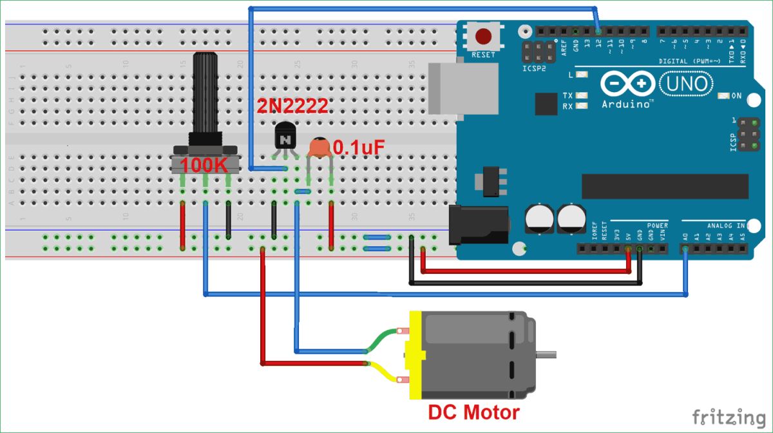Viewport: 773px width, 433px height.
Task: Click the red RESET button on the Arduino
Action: point(483,36)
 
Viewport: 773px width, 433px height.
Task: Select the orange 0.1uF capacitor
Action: point(320,148)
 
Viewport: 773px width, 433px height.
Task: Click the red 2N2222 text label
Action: point(292,107)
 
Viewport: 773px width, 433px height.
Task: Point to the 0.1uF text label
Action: point(358,148)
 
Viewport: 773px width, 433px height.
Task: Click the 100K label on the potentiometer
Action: point(204,164)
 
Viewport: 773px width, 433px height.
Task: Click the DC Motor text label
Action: point(473,412)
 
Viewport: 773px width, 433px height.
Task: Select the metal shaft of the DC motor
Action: point(546,354)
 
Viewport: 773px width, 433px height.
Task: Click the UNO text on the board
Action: point(687,84)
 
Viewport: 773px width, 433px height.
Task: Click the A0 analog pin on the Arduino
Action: point(685,249)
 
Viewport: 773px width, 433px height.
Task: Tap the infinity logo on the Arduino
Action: point(628,84)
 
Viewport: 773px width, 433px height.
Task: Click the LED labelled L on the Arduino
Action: point(582,75)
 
